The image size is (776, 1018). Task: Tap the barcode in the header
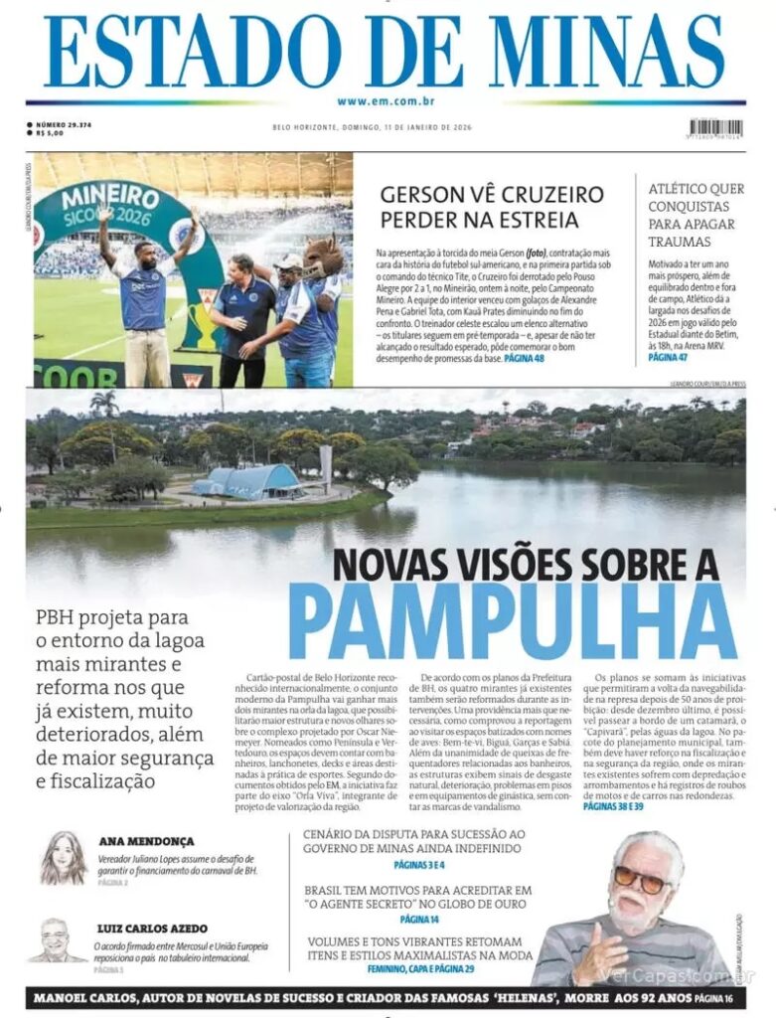715,129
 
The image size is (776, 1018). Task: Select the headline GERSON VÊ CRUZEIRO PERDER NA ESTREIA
479,206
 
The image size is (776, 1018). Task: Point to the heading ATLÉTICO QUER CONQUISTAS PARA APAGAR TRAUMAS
696,215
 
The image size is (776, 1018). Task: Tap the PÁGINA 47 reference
669,356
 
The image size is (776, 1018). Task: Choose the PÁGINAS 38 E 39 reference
613,806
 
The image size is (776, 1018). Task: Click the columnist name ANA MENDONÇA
146,841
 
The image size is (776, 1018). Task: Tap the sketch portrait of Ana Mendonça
64,857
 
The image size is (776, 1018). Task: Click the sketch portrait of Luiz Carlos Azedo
57,940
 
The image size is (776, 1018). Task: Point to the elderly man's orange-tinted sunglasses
640,879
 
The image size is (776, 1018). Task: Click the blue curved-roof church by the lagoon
248,481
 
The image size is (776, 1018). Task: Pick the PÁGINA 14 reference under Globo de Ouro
420,920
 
